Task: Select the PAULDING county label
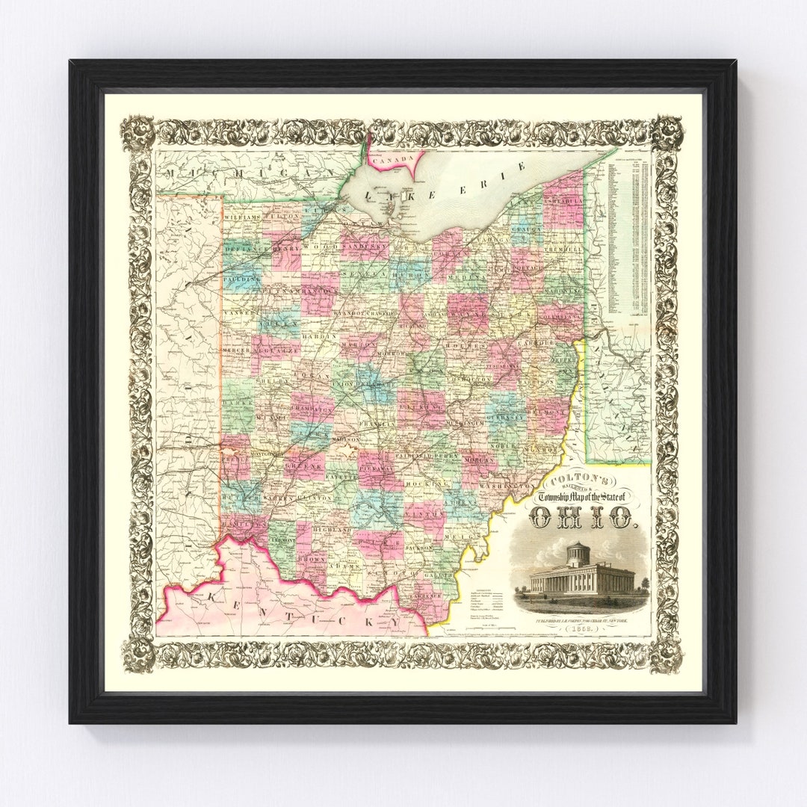241,279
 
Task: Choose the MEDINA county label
466,275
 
